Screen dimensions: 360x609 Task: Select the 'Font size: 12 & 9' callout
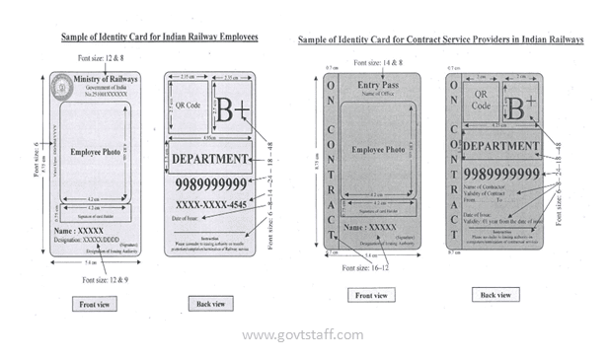click(103, 281)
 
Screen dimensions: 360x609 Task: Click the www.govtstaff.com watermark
click(303, 335)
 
